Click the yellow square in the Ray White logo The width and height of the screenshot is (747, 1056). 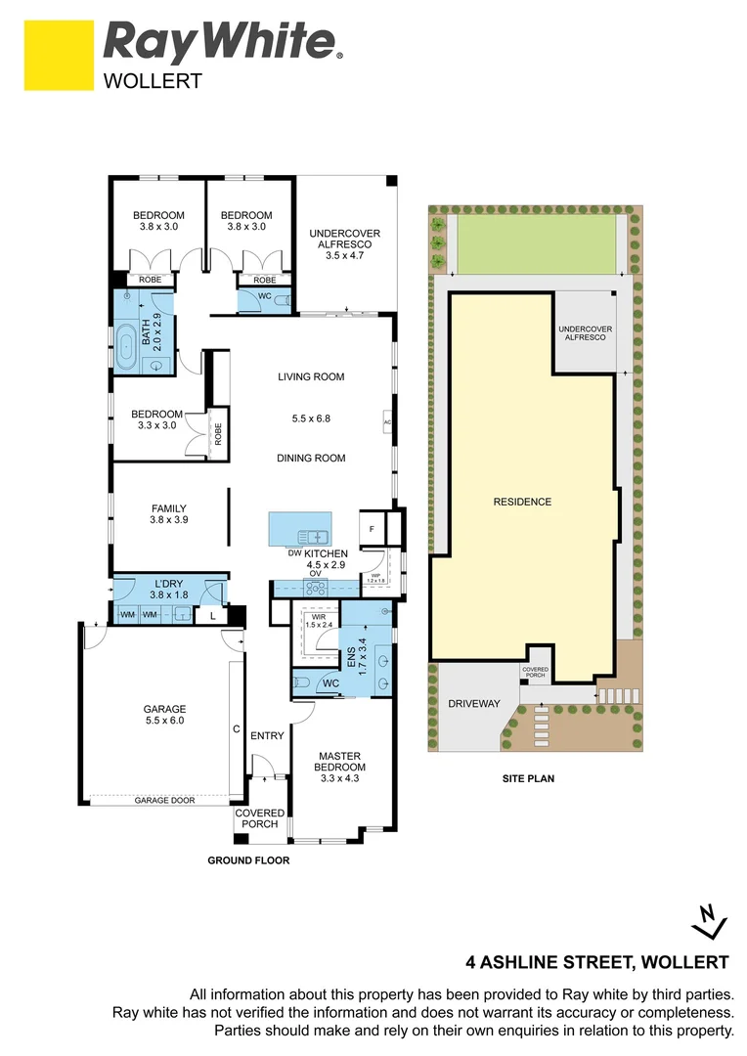56,56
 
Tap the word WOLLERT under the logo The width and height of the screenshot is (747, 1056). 153,81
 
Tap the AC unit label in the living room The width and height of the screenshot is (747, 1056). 387,422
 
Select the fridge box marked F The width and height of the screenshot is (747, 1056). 372,529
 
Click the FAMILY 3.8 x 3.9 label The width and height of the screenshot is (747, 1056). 168,514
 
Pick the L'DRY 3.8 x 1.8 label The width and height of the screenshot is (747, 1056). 168,589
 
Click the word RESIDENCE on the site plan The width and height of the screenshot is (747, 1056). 522,502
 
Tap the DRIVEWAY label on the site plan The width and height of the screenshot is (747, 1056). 473,703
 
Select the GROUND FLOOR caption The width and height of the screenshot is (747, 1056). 248,860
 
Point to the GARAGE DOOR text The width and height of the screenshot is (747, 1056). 164,800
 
